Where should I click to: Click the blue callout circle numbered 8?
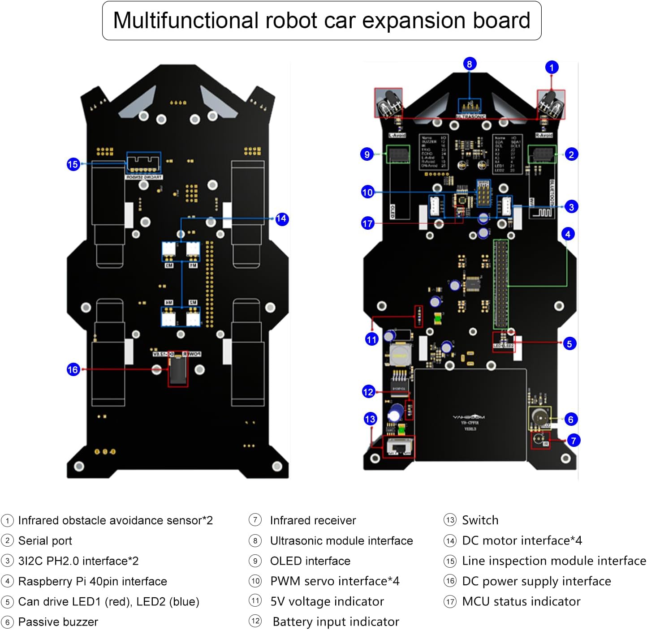pos(469,64)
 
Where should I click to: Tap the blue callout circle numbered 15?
pos(73,164)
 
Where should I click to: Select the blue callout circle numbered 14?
pos(281,219)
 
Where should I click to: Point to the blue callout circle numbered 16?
pos(73,369)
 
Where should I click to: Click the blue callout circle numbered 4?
pos(568,234)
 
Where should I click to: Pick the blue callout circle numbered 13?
pos(370,419)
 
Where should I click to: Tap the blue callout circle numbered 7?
pos(573,441)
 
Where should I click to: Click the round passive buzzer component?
pos(539,417)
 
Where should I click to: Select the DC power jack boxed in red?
pos(178,370)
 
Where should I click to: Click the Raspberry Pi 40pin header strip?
pos(500,284)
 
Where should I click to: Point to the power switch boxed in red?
pos(398,447)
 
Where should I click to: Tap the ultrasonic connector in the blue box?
pos(470,107)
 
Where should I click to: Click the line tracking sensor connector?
pos(143,163)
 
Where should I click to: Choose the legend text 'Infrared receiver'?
pos(313,520)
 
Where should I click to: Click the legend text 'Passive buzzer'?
pos(58,622)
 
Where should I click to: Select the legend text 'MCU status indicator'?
pos(521,601)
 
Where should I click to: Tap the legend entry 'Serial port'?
pos(45,541)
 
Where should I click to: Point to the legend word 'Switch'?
pos(480,520)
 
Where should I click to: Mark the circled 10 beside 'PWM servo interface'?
pos(255,581)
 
